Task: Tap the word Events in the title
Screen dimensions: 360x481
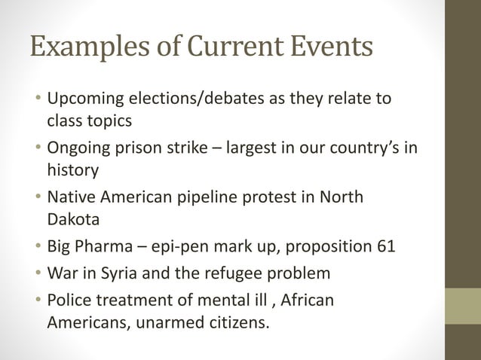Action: click(x=332, y=47)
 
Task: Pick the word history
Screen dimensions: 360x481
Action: click(x=72, y=169)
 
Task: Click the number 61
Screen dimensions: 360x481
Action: click(x=382, y=246)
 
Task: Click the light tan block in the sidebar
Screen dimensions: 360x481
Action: click(x=463, y=306)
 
